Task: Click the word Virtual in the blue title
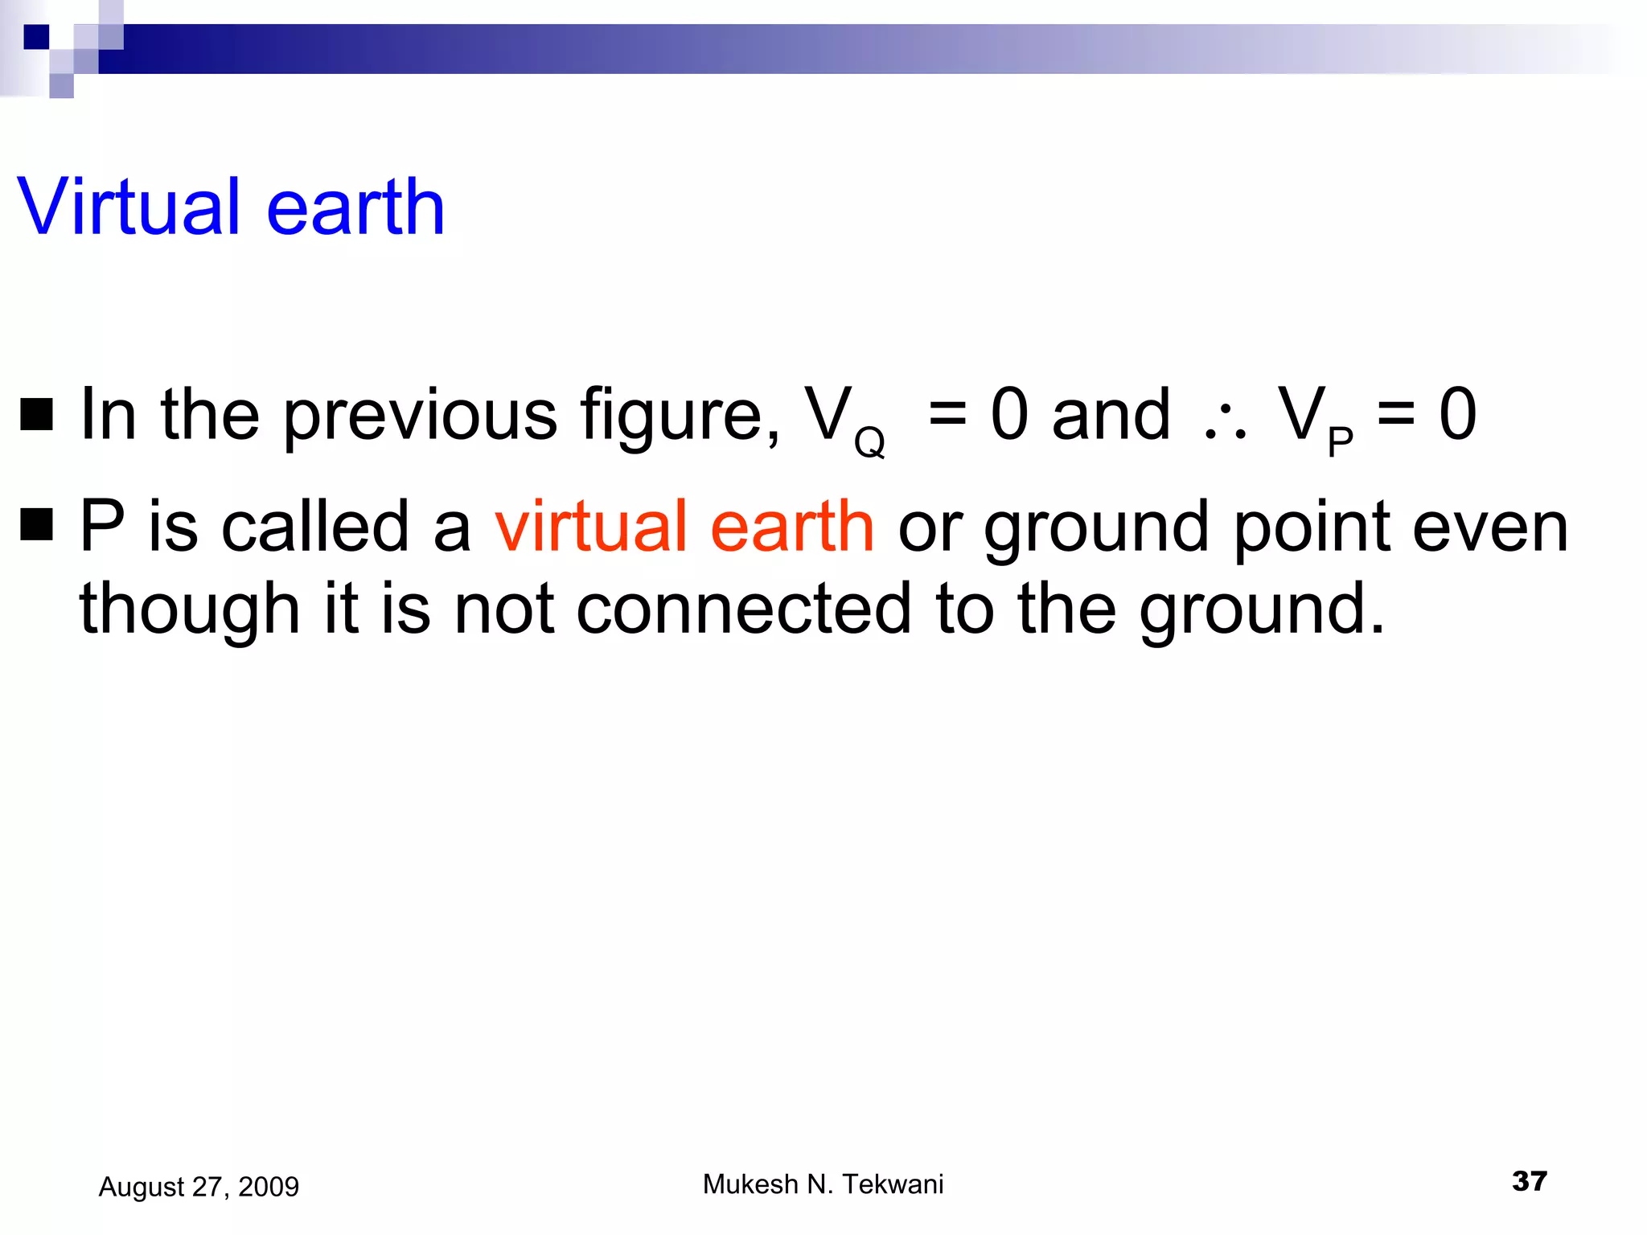(129, 207)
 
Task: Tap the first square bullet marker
(36, 414)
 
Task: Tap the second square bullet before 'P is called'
(36, 524)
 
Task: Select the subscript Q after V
(869, 441)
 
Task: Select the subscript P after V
(1340, 441)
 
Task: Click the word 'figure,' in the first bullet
(680, 416)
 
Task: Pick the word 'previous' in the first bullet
(420, 416)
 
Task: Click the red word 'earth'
(792, 527)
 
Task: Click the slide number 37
(1529, 1181)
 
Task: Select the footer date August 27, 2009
(199, 1187)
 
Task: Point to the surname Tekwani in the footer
(893, 1184)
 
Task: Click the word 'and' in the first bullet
(1111, 416)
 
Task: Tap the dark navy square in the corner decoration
(36, 37)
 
